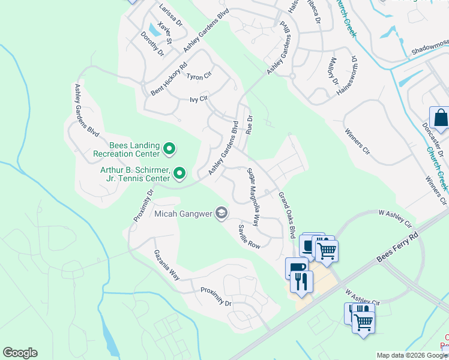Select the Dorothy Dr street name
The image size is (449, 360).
click(152, 44)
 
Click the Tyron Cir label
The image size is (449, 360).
click(199, 76)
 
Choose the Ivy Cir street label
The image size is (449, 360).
click(198, 98)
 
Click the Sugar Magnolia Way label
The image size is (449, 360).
click(253, 197)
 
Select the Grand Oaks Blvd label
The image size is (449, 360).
click(288, 215)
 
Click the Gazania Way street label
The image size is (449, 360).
click(166, 265)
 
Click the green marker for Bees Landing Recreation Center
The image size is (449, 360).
click(169, 148)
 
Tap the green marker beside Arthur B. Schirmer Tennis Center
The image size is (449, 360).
click(179, 174)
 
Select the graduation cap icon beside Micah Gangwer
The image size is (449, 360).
click(221, 213)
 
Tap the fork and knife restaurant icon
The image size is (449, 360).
click(301, 281)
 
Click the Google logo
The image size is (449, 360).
click(20, 353)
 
